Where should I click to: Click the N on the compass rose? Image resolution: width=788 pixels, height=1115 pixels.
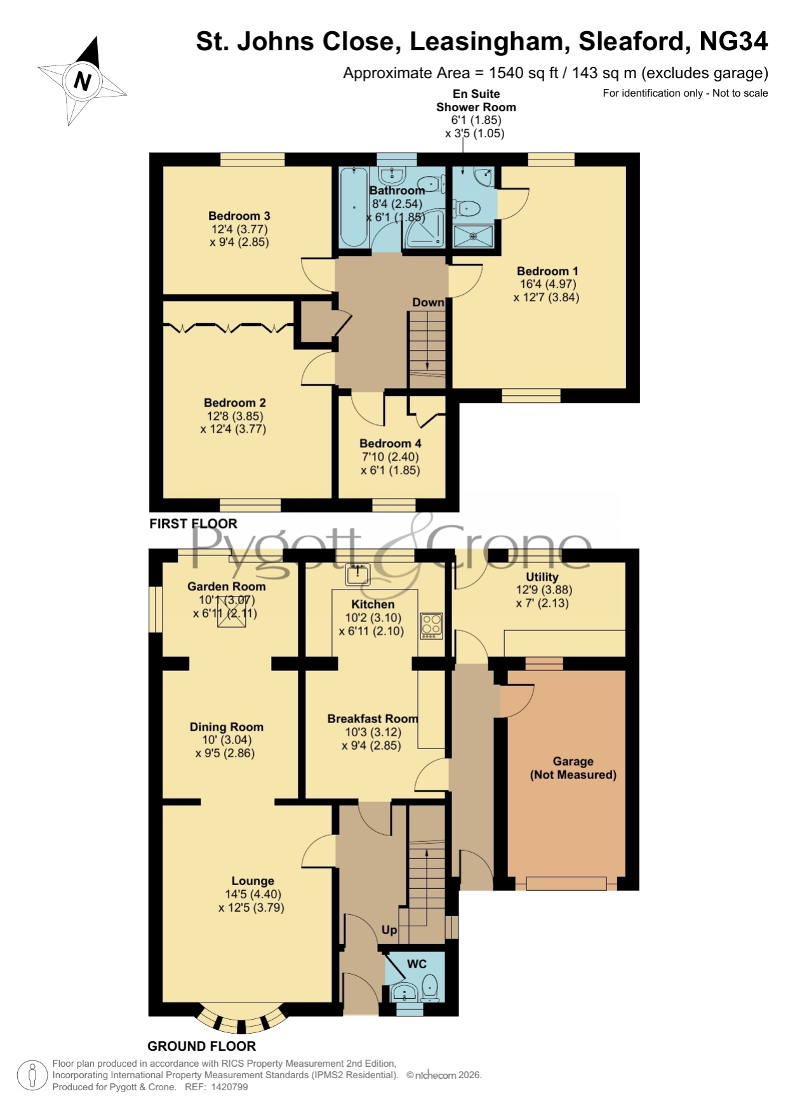click(83, 81)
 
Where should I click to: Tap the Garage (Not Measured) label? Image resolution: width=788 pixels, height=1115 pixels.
click(573, 767)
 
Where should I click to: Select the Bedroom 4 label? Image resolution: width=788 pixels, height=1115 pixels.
click(391, 443)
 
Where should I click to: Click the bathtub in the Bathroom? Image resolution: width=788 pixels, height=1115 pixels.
click(352, 208)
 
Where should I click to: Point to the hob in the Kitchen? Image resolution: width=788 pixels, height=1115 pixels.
click(431, 626)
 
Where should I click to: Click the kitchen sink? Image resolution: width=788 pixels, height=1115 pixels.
click(358, 574)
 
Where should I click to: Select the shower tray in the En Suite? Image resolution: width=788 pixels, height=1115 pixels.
click(473, 236)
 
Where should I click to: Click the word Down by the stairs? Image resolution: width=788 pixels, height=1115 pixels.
click(429, 302)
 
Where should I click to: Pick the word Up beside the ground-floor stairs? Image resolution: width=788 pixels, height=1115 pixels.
click(389, 929)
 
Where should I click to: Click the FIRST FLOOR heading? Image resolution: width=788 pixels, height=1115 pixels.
click(193, 524)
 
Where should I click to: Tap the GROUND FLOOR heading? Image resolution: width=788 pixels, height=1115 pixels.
click(201, 1046)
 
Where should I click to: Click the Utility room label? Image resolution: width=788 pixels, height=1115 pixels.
click(542, 577)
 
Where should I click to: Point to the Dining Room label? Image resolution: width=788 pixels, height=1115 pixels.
click(227, 727)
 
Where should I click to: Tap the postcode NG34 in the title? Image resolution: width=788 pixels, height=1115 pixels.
click(734, 41)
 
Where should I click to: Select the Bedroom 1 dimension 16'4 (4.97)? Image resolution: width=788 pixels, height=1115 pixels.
click(547, 284)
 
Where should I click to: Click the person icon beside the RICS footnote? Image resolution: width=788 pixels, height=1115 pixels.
click(32, 1076)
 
